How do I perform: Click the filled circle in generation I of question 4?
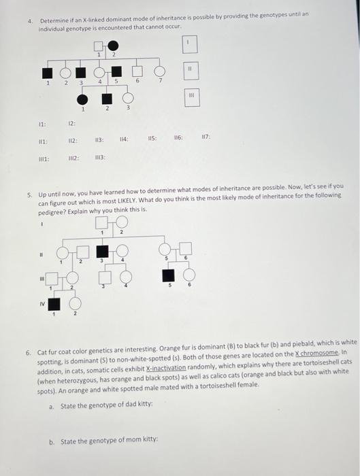tap(112, 46)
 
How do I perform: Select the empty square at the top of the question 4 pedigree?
tap(99, 46)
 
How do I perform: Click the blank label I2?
tap(71, 124)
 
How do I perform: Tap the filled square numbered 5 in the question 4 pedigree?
tap(116, 71)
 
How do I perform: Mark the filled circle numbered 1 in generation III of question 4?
tap(82, 99)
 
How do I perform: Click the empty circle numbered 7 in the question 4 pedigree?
tap(160, 71)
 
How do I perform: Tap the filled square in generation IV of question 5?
tap(52, 305)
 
